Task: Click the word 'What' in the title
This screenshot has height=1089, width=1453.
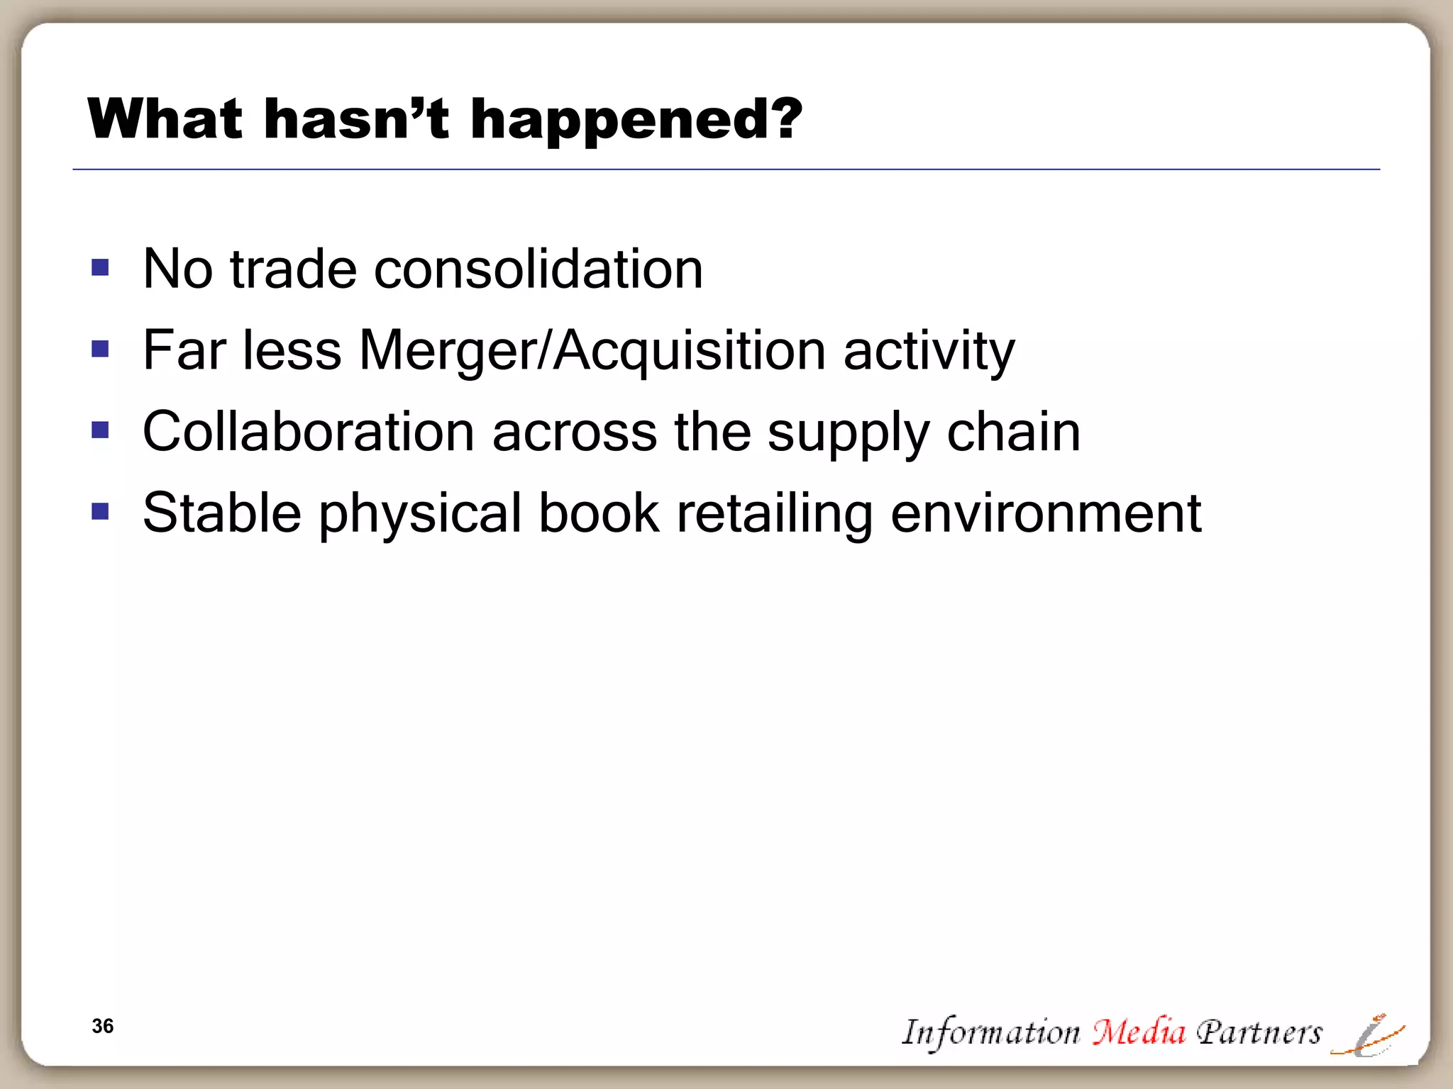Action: (x=165, y=118)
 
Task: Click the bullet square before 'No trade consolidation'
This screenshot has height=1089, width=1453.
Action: (x=100, y=267)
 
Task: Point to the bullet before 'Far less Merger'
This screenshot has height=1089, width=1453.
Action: (x=100, y=349)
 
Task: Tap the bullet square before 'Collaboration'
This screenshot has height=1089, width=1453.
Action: (x=100, y=430)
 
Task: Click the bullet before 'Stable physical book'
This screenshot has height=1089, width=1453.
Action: (x=100, y=511)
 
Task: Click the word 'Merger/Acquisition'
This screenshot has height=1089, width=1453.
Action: (x=592, y=350)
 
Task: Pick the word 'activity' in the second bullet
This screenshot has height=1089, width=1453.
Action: (x=929, y=350)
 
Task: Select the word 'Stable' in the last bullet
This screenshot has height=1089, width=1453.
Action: (x=222, y=513)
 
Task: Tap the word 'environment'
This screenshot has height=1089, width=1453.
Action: (x=1046, y=513)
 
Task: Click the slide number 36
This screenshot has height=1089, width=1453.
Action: (x=103, y=1026)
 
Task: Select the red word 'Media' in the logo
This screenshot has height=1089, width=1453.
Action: (x=1139, y=1032)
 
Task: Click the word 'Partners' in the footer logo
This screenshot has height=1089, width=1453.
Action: (x=1259, y=1032)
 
